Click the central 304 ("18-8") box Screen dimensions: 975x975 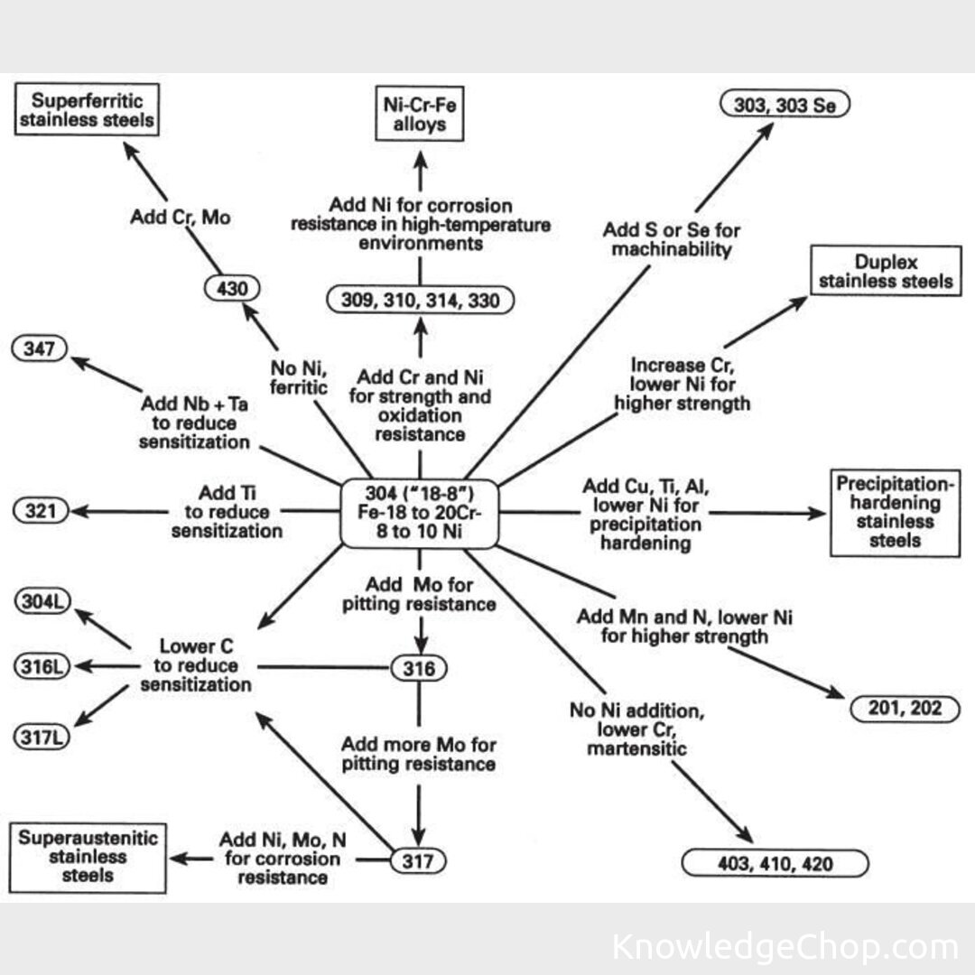tap(419, 514)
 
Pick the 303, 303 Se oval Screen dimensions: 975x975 tap(785, 106)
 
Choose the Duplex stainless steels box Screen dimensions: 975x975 tap(887, 271)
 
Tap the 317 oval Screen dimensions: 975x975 tap(419, 861)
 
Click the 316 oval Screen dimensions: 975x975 tap(419, 669)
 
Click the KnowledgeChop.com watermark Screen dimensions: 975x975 tap(785, 947)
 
